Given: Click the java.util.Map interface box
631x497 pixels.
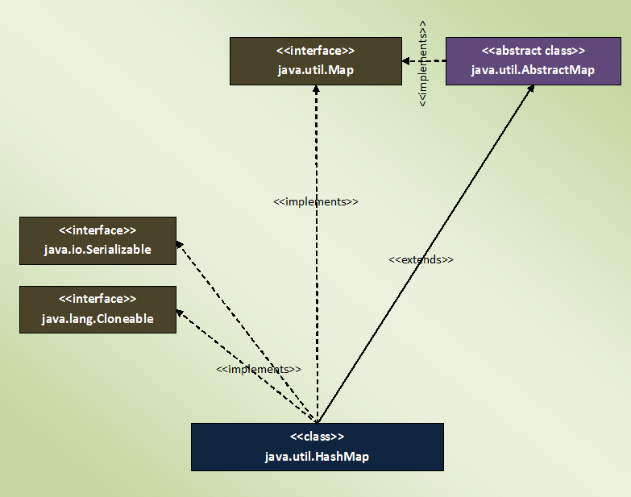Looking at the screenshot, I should tap(315, 61).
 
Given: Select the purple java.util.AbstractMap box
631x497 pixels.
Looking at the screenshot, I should tap(533, 61).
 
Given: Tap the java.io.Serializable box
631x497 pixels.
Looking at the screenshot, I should tap(98, 240).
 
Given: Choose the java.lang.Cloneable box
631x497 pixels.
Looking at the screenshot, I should tap(98, 309).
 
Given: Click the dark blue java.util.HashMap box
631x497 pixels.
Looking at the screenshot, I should tap(317, 447).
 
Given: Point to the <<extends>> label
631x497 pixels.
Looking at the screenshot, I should tap(421, 260).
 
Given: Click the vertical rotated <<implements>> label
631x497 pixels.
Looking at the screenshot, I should tap(423, 60).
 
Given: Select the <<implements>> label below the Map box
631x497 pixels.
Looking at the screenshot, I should tap(316, 201).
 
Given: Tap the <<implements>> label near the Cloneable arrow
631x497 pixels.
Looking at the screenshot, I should tap(259, 369).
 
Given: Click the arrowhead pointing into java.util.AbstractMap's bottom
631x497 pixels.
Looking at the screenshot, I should tap(531, 89).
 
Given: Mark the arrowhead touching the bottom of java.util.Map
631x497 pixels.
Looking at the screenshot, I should tap(316, 89).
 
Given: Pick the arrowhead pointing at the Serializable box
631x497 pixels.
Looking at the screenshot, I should tap(180, 245).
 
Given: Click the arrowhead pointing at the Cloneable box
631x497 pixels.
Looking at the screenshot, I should tap(180, 313).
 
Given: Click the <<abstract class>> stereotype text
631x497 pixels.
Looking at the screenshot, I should tap(533, 51).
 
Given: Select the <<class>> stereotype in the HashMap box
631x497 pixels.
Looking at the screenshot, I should tap(317, 437).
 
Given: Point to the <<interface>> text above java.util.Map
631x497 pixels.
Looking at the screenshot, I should tap(315, 51).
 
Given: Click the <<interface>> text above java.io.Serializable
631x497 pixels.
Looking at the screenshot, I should tap(98, 230).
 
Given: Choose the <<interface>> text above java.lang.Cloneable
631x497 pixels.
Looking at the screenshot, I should tap(98, 299).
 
